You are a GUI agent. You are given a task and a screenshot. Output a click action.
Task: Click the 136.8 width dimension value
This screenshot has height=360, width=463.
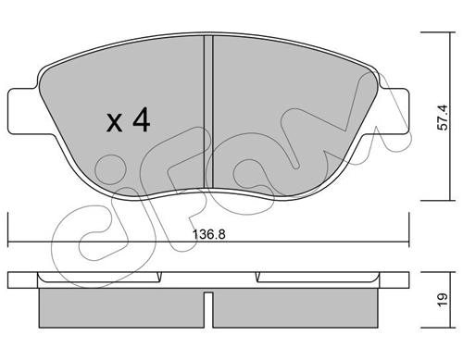[209, 234]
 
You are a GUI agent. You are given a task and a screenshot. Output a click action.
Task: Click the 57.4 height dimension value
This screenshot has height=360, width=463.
[443, 118]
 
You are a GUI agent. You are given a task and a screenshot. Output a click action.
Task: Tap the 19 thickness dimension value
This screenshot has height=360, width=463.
[443, 299]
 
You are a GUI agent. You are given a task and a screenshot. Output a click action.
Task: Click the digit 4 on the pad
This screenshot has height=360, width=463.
[142, 121]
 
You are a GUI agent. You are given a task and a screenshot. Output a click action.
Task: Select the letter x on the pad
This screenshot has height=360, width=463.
[114, 123]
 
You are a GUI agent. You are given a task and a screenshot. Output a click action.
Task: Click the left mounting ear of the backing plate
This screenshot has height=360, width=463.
[24, 111]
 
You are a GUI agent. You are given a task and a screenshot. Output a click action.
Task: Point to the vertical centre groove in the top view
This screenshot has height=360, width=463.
[208, 112]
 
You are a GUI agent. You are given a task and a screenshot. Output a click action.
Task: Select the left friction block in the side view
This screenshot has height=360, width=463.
[121, 308]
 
